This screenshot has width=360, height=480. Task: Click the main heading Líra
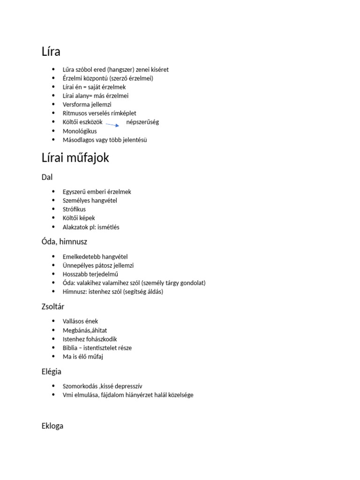51,51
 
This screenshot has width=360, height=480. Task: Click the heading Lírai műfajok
75,158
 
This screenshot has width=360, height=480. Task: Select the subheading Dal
47,177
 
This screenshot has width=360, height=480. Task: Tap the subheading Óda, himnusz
64,242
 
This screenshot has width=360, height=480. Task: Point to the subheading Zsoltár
53,307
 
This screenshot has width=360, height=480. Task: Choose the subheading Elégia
52,372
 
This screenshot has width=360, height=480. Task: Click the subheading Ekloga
52,426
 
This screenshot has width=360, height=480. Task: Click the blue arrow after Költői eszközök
112,125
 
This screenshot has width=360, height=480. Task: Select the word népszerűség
142,122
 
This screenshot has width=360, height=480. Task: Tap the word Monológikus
80,131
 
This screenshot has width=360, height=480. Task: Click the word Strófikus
74,210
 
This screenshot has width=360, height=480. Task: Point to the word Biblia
71,348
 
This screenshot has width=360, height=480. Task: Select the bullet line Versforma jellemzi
87,105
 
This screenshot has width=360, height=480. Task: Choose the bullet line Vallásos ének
81,322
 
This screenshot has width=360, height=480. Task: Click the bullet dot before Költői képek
55,218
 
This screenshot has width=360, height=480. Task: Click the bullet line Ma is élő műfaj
83,357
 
